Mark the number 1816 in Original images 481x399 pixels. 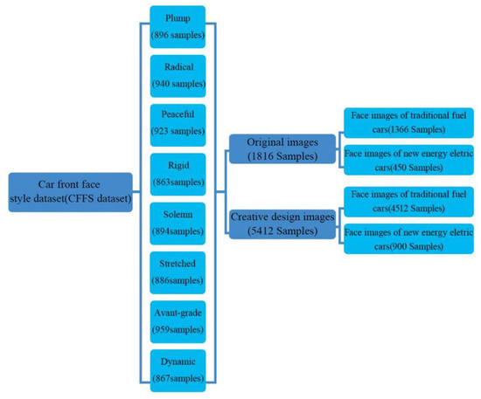click(x=268, y=157)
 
